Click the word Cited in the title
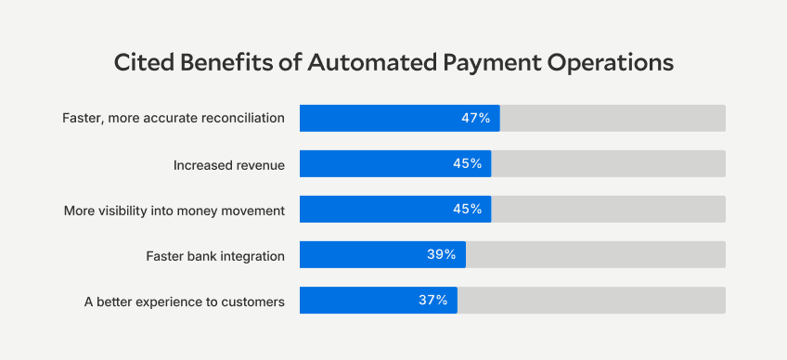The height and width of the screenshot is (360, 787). (142, 63)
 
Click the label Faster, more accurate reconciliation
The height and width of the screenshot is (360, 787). (173, 119)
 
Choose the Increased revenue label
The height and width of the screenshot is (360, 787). (228, 164)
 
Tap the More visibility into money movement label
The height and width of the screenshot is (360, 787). (174, 210)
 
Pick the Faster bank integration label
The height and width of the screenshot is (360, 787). (215, 255)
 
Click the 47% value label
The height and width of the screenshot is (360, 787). (475, 119)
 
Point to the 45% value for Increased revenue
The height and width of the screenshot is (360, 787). (467, 164)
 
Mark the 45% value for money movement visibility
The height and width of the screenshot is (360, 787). (467, 210)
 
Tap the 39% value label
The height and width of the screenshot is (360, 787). (441, 255)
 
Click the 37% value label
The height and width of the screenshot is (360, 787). (432, 301)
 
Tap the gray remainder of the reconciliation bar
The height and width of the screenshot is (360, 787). (613, 119)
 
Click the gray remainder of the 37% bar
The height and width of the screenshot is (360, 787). (591, 301)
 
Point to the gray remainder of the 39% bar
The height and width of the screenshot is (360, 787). (595, 255)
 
